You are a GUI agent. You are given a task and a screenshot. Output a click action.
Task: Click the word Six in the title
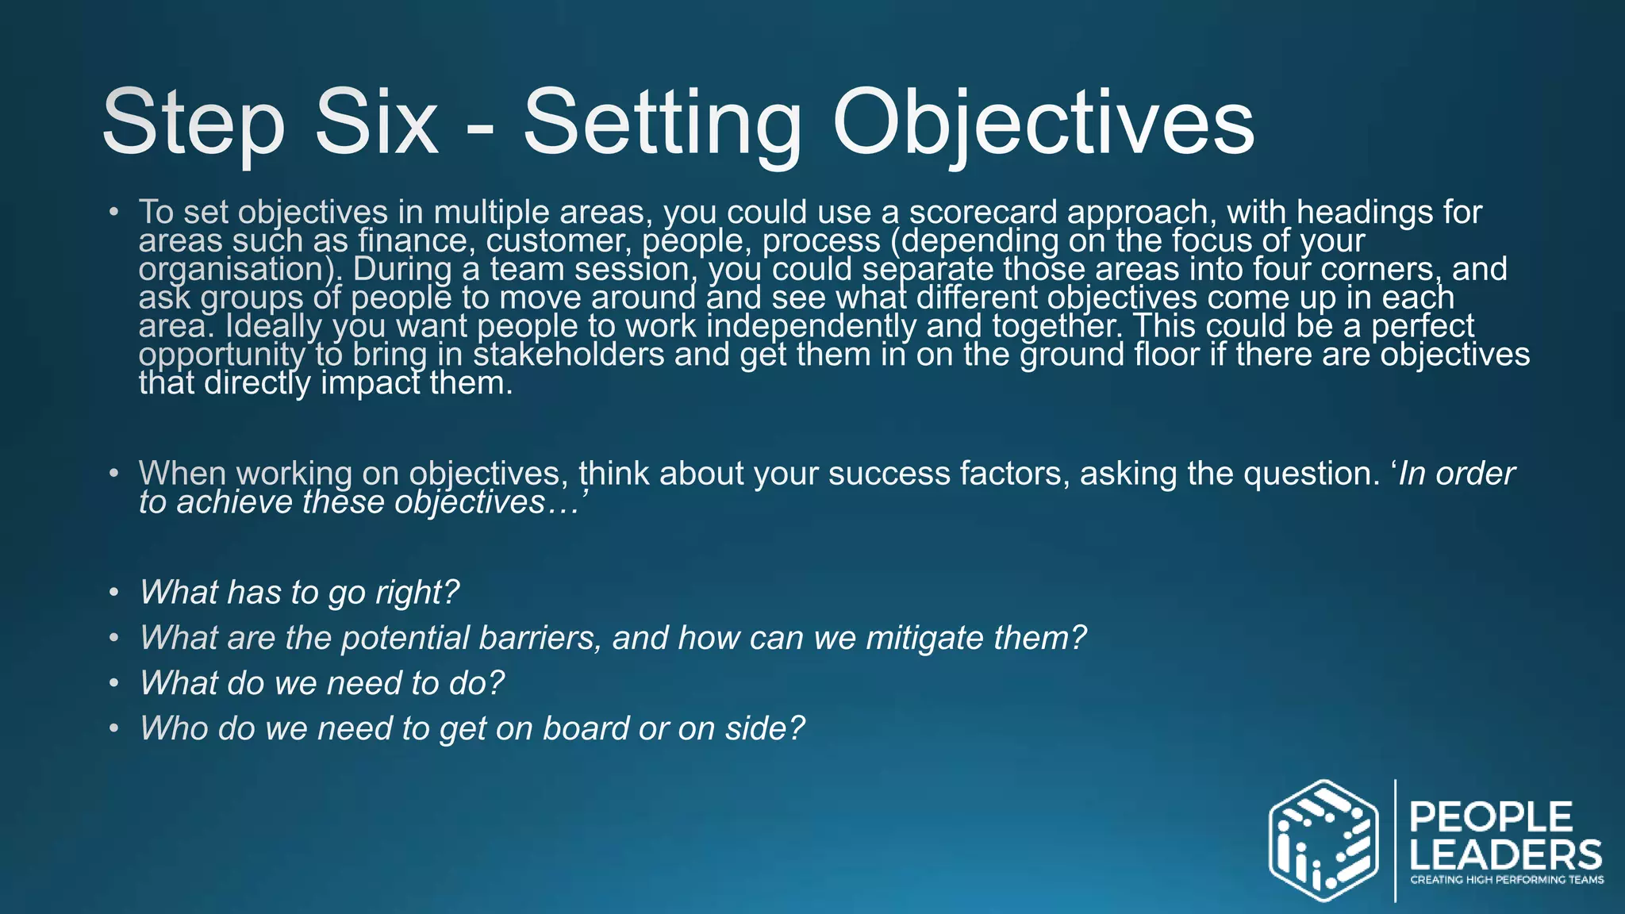[x=376, y=123]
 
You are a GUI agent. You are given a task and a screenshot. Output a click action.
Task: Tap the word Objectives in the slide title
[x=1043, y=123]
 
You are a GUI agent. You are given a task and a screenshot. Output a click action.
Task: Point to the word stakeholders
[x=568, y=354]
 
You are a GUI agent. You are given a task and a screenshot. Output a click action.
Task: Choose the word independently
[x=811, y=326]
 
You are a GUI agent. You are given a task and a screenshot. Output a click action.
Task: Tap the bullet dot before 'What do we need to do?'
[x=115, y=683]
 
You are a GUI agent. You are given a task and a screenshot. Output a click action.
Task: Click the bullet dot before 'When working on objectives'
[x=115, y=474]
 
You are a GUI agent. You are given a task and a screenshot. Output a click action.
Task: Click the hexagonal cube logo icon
[x=1323, y=841]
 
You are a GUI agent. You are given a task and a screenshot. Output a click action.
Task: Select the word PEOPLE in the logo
[x=1491, y=817]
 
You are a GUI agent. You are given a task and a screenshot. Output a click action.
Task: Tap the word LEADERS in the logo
[x=1505, y=855]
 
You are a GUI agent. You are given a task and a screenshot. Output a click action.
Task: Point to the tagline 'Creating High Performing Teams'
[x=1506, y=879]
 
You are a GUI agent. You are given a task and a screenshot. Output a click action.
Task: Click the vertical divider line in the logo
[x=1395, y=841]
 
